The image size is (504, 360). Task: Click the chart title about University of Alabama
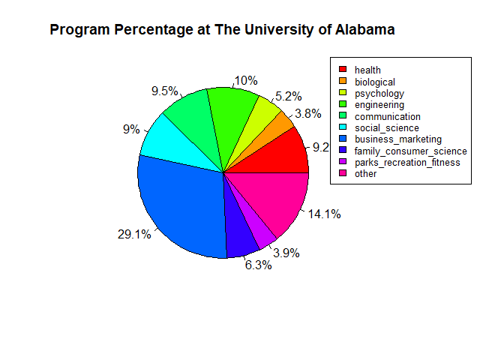point(222,30)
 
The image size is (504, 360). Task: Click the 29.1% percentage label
point(134,235)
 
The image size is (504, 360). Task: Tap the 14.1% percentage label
point(325,214)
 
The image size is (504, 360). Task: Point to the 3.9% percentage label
point(286,253)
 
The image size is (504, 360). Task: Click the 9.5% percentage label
point(164,91)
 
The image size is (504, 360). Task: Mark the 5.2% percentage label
point(289,96)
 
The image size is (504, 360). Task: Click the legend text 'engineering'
point(379,105)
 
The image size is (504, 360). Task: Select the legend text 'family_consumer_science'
point(411,151)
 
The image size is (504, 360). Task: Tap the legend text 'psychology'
point(379,94)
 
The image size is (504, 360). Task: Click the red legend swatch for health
point(343,70)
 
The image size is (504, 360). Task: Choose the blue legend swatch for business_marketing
point(343,139)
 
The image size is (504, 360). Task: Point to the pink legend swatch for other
point(343,174)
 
